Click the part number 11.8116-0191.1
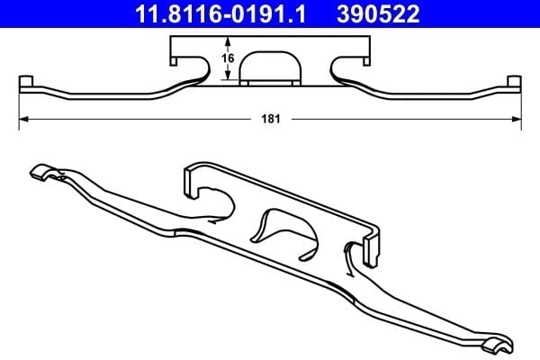coord(220,13)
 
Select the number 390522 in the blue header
coord(378,13)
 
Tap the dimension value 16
coord(228,58)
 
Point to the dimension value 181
coord(271,119)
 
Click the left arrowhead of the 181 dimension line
coord(23,119)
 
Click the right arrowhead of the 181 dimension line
coord(517,119)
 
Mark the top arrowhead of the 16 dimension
coord(228,41)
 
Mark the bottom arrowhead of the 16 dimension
coord(228,75)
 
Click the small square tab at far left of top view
coord(26,82)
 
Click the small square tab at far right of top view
coord(515,82)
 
